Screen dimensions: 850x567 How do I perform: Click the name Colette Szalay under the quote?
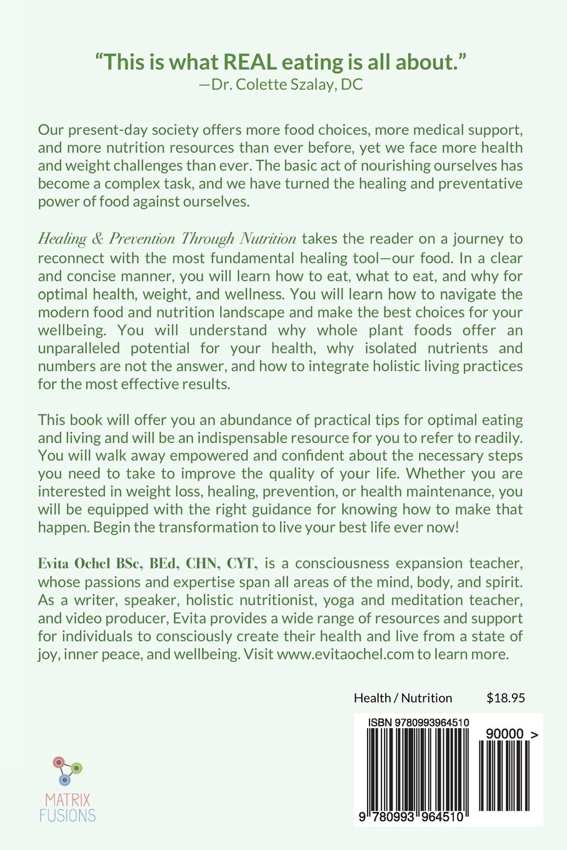(284, 84)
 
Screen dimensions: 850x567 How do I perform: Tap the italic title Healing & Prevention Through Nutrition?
(167, 239)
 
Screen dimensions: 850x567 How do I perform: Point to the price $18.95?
(505, 697)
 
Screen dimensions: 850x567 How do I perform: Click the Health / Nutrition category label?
(403, 697)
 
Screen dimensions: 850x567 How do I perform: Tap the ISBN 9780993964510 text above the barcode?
(419, 722)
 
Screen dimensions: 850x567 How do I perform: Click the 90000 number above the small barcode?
(504, 734)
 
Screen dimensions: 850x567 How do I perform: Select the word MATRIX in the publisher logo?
(68, 799)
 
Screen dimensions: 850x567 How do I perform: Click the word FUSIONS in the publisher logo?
(68, 815)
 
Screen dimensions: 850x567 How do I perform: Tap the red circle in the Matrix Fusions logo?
(59, 762)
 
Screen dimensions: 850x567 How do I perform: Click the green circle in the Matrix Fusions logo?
(77, 767)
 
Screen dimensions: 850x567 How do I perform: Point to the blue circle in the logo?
(64, 780)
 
